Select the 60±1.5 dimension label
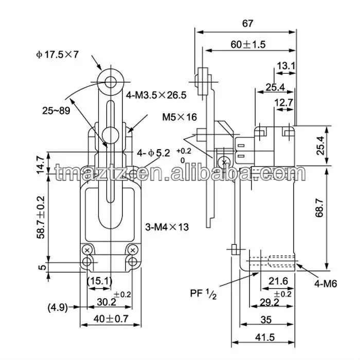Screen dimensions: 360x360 [x=248, y=45]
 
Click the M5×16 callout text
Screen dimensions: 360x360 [x=179, y=117]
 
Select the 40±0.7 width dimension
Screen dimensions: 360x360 [x=110, y=318]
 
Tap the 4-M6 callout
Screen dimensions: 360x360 [x=326, y=282]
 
